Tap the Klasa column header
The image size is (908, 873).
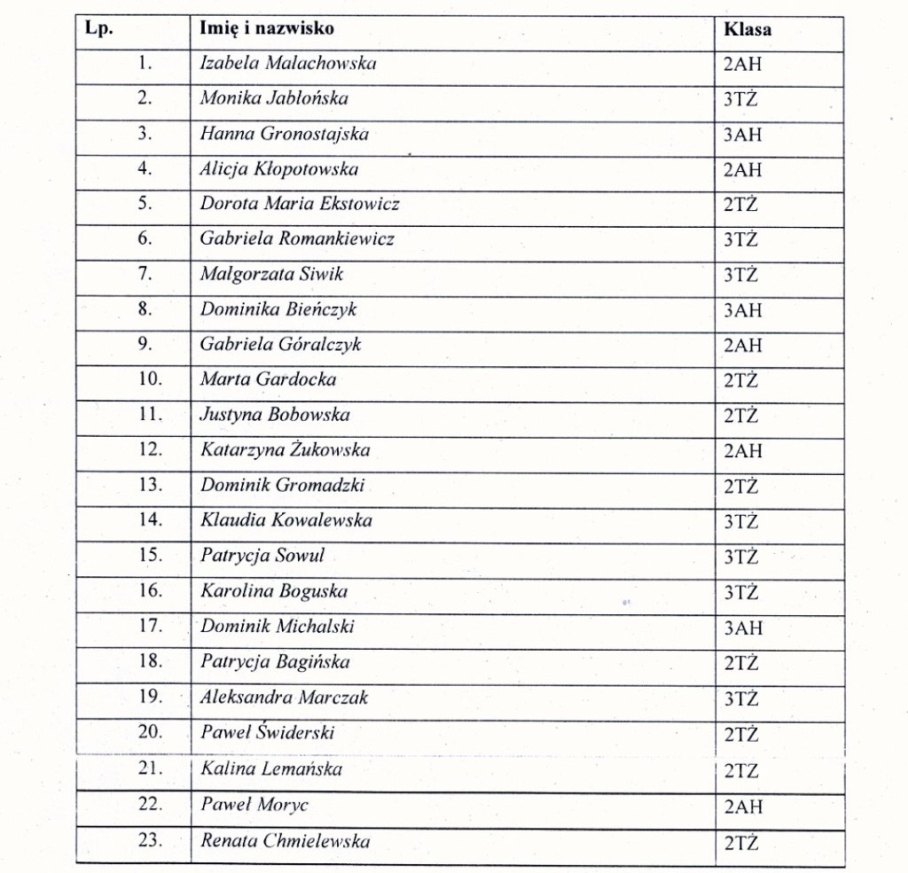[x=748, y=29]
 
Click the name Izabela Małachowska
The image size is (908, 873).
[x=288, y=64]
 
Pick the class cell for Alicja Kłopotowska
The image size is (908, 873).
[x=743, y=170]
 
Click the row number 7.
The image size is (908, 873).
[x=145, y=274]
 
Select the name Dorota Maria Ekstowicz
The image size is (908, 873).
[x=300, y=204]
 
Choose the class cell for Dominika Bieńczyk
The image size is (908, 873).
[x=743, y=311]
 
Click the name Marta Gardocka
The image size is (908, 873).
[x=268, y=379]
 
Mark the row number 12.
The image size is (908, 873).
[x=151, y=449]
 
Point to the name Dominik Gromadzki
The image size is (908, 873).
[x=282, y=485]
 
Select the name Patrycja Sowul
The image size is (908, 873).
[x=262, y=556]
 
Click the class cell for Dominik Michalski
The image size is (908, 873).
[x=743, y=628]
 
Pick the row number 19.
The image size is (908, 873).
[x=151, y=697]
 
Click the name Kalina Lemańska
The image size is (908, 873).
[x=271, y=768]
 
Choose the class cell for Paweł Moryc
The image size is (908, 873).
[x=743, y=807]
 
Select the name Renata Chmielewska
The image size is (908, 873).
[x=285, y=840]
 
